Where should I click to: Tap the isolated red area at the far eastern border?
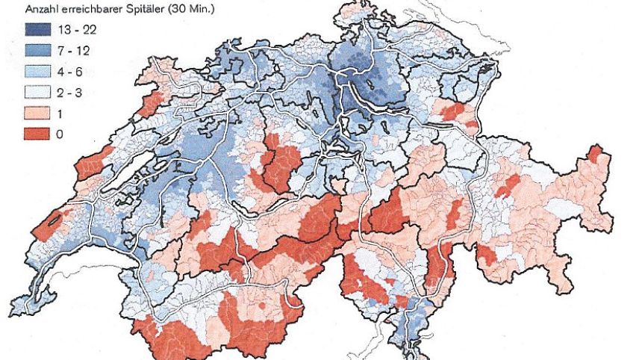coord(594,154)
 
